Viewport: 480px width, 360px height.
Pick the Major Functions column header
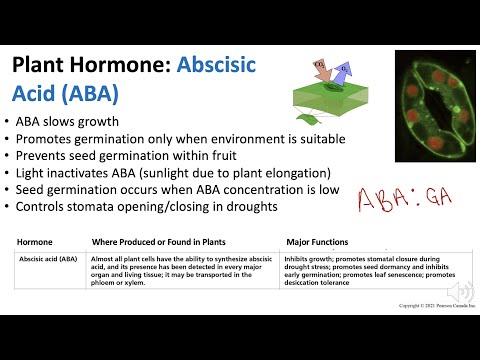coord(318,242)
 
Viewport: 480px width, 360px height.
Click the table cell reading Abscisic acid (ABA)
coord(48,259)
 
